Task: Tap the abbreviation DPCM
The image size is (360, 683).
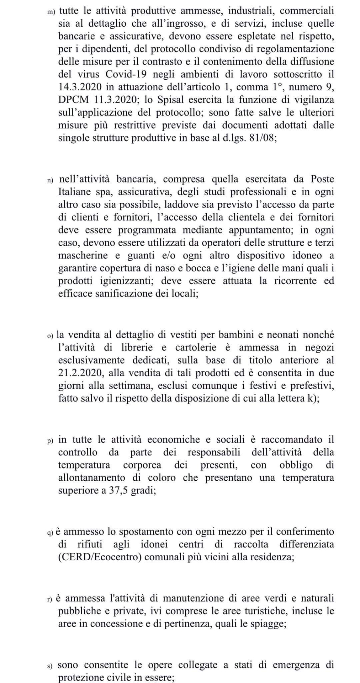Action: click(73, 100)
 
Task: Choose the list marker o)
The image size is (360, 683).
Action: click(50, 335)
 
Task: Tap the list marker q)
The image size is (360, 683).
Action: click(50, 533)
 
